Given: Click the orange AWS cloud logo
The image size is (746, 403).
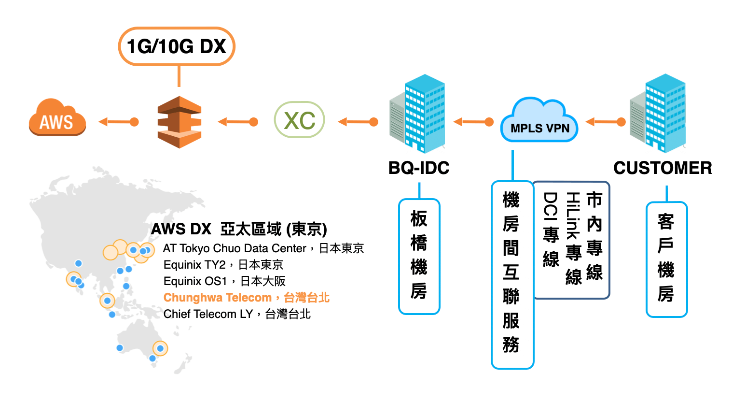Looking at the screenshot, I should [57, 119].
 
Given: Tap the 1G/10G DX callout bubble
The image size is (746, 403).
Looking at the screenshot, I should [176, 46].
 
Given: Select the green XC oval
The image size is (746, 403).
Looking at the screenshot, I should [299, 120].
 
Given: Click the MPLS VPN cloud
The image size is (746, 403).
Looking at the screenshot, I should [539, 122].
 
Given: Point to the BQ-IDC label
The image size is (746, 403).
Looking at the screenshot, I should [419, 168].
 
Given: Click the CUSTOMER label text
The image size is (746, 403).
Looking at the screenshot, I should [663, 168].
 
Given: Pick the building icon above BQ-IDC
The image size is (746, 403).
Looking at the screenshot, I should [418, 114].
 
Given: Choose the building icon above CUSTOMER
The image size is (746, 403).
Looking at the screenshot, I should [658, 114].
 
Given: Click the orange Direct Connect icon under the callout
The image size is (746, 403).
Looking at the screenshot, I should [180, 122].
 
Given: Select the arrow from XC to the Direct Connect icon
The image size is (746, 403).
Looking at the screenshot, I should [237, 122].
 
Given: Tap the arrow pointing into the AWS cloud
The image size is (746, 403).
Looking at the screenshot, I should [118, 122].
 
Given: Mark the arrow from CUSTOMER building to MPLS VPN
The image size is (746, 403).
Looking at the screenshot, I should [605, 122].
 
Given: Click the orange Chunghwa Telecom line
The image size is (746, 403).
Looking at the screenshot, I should [246, 298].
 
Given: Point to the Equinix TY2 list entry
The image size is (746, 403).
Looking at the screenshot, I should [223, 265].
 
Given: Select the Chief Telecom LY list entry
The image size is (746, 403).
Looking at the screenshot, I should [237, 314].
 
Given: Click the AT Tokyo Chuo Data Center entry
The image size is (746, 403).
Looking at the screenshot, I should [263, 248].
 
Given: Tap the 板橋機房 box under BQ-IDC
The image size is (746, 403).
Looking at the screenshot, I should [419, 256].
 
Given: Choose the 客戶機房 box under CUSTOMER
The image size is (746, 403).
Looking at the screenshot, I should [666, 259].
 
